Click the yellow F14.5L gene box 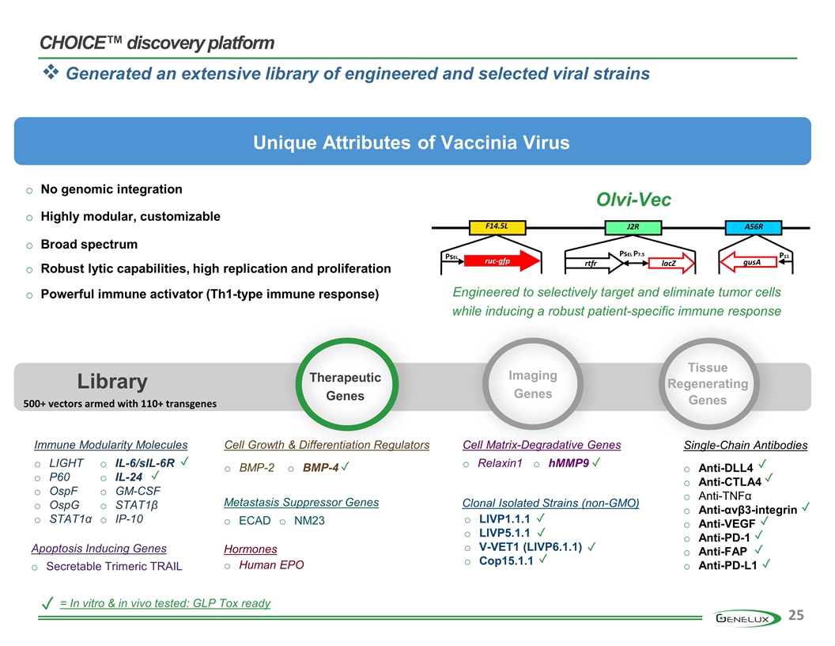[495, 227]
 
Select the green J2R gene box [632, 227]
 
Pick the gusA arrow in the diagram [746, 260]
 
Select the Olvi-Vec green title [633, 199]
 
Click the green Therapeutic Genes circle [345, 386]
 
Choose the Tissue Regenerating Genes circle [708, 384]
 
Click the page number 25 [796, 616]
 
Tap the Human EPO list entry [271, 565]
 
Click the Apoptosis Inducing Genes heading [99, 549]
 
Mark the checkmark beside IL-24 [157, 477]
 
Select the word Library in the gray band [112, 382]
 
